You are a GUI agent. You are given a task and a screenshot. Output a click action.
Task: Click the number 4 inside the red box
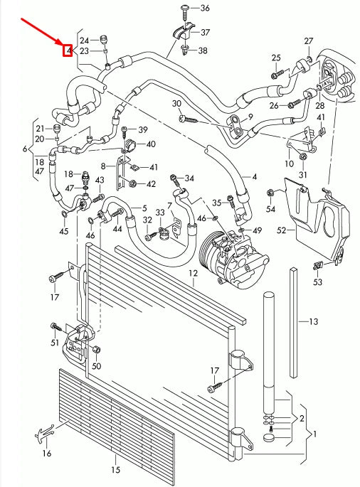point(68,50)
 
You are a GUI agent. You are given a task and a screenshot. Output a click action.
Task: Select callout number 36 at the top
point(205,8)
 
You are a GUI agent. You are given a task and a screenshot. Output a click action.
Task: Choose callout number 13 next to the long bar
point(312,322)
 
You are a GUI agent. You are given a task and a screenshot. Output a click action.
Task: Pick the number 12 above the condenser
point(193,273)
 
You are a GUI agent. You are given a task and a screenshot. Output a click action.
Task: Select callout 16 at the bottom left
point(47,453)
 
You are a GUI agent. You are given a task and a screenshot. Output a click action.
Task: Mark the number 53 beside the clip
point(317,282)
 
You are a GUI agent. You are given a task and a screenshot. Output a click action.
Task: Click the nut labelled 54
point(270,193)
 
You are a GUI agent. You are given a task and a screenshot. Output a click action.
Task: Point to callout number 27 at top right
point(309,40)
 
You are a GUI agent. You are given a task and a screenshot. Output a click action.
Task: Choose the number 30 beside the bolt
point(176,105)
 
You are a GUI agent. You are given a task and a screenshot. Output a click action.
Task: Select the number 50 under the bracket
point(97,365)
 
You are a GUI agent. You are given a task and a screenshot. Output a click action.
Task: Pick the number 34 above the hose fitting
point(189,177)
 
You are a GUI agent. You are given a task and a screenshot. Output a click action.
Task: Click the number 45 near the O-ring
point(64,231)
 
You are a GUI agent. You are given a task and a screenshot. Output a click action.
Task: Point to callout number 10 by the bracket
point(289,164)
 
